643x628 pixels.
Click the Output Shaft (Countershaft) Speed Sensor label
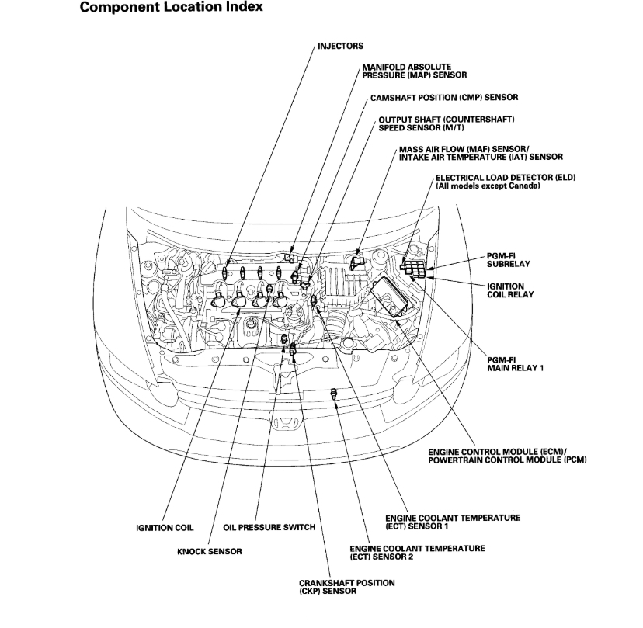(447, 123)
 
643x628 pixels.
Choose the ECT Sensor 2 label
(418, 553)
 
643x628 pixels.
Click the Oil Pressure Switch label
(269, 528)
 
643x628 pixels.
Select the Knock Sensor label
(210, 551)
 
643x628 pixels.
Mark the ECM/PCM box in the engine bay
(394, 298)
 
